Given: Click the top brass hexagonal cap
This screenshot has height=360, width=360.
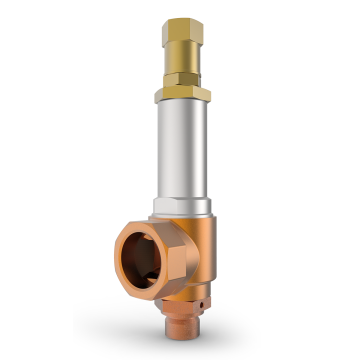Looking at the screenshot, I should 182,30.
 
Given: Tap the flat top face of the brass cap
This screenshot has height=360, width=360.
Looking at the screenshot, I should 183,17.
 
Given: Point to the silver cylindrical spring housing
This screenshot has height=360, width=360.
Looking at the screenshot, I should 183,150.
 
